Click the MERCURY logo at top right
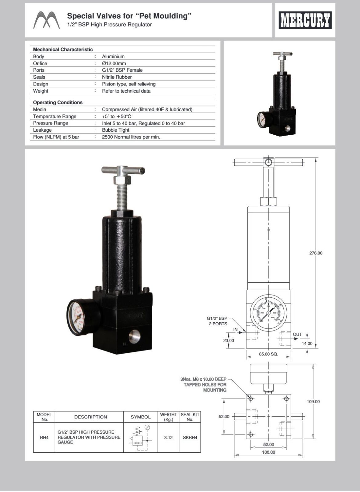(305, 20)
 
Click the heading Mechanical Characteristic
(63, 50)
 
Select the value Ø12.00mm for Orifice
(114, 63)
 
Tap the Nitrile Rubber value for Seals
(117, 77)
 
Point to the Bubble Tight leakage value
(115, 130)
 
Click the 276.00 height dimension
(316, 253)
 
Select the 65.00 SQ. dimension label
(268, 354)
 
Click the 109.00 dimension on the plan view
(313, 402)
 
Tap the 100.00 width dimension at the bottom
(269, 452)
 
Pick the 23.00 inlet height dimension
(228, 340)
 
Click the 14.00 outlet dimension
(307, 343)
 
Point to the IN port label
(235, 330)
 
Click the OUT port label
(297, 334)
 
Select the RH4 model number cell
(44, 438)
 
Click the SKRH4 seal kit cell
(190, 438)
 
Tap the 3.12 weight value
(168, 438)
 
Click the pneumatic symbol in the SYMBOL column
(141, 437)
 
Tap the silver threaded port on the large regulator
(134, 336)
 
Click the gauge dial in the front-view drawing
(268, 313)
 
